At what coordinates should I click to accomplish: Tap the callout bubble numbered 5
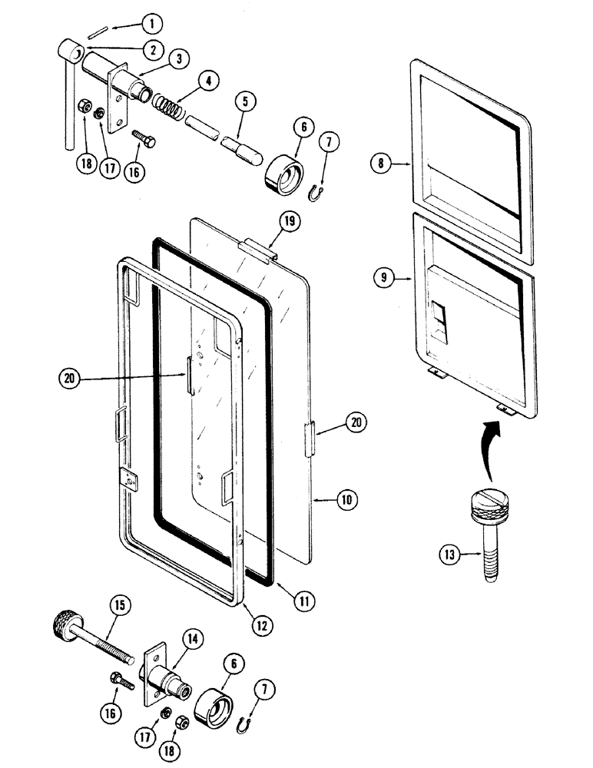243,99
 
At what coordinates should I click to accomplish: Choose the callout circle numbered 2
153,49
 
